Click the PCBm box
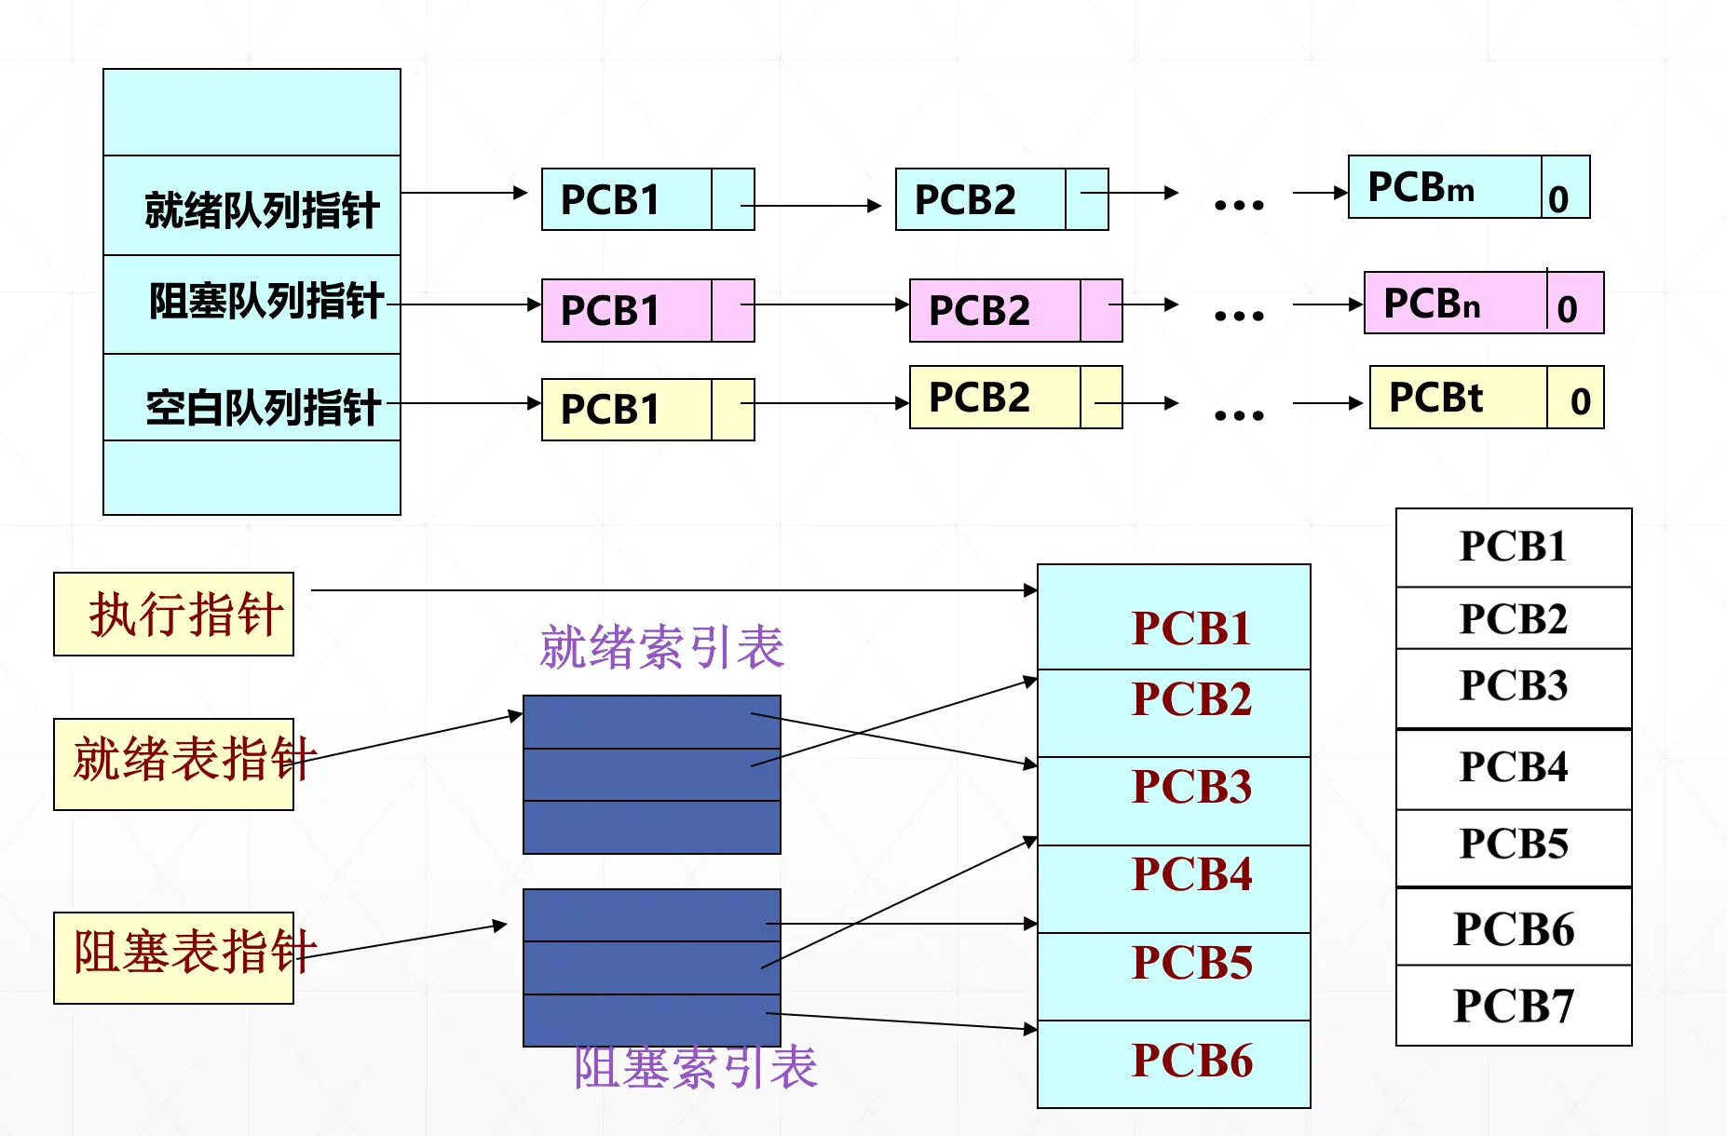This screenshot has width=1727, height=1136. point(1444,187)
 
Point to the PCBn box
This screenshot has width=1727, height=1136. point(1454,303)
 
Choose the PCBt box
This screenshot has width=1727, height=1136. point(1458,398)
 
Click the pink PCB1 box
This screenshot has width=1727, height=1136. point(626,310)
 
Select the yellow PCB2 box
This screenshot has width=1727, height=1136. point(994,398)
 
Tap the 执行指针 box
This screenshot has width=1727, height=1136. point(174,615)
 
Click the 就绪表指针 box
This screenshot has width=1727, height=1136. point(174,764)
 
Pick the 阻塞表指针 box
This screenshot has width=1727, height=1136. point(174,957)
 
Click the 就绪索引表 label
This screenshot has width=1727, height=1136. point(662,647)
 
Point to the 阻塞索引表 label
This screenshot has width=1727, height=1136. point(695,1068)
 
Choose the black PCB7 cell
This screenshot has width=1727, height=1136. point(1514,1006)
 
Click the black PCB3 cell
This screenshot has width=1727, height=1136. point(1514,687)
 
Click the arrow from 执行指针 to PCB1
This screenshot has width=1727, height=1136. point(671,590)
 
